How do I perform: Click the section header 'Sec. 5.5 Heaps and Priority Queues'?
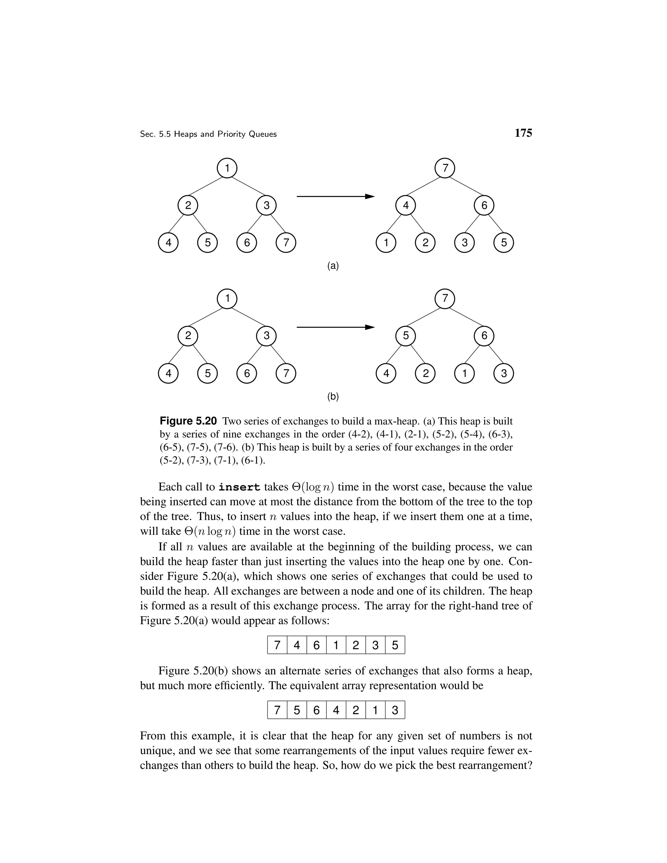click(x=208, y=134)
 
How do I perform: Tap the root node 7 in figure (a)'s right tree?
click(x=445, y=168)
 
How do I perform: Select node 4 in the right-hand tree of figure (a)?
click(x=406, y=205)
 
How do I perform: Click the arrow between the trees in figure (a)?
click(x=335, y=196)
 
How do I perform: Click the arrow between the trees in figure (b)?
click(x=335, y=327)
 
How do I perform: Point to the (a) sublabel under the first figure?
click(x=333, y=266)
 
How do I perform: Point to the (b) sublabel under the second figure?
click(x=333, y=396)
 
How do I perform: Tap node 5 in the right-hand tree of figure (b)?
click(x=406, y=336)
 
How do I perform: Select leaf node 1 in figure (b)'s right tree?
click(x=464, y=374)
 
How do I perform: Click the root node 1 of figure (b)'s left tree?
click(x=227, y=299)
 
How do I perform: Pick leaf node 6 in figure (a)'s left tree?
click(x=247, y=243)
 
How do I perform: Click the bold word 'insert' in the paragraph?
click(x=239, y=488)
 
